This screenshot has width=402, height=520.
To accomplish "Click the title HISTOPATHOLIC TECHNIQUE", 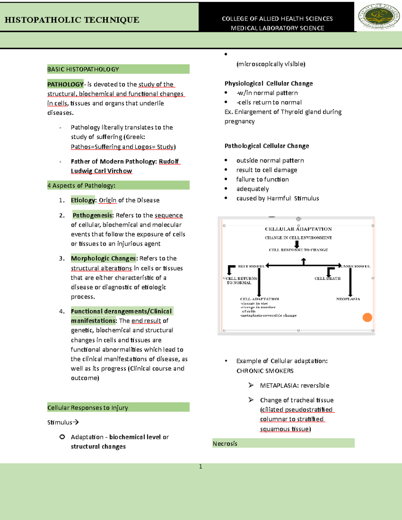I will (72, 20).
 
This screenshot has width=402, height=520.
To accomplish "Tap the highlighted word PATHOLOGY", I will (65, 84).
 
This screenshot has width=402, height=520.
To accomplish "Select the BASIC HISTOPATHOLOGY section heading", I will (83, 69).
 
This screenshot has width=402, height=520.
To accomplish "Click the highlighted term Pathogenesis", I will (92, 215).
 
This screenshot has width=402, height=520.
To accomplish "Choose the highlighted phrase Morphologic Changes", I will (103, 258).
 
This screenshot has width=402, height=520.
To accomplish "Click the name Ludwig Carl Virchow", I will (101, 171).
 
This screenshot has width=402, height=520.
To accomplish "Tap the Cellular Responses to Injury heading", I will (87, 407).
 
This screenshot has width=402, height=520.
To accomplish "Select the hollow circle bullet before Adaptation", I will (62, 437).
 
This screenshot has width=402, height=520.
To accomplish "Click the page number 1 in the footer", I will (200, 466).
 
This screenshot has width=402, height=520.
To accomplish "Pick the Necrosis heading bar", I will (283, 443).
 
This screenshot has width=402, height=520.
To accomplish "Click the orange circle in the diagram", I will (367, 317).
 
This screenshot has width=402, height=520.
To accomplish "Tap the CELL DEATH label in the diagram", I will (327, 278).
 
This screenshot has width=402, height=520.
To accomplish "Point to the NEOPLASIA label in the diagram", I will (348, 299).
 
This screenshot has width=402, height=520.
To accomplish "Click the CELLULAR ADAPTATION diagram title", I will (298, 229).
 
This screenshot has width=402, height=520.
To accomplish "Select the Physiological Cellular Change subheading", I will (268, 83).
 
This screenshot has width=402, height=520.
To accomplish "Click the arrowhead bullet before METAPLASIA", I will (251, 385).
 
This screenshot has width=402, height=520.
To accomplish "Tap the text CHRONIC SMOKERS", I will (265, 371).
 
